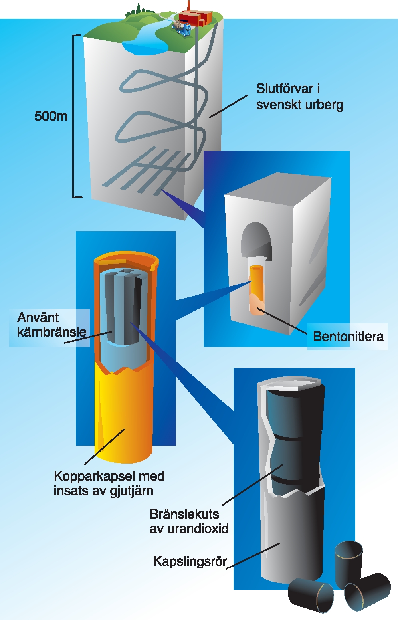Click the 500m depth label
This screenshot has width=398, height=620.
[x=51, y=116]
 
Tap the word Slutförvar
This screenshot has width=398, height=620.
[x=285, y=89]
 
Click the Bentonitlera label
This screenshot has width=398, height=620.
[x=348, y=337]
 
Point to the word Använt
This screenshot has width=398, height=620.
[x=38, y=317]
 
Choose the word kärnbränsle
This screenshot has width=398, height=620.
[x=52, y=332]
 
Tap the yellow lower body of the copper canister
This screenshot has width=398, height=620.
[x=124, y=415]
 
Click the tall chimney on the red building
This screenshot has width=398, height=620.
[x=189, y=6]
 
